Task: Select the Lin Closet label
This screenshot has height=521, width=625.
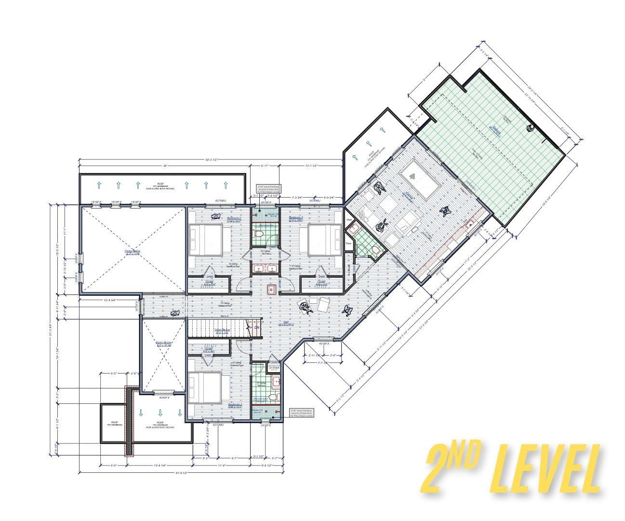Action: click(x=274, y=368)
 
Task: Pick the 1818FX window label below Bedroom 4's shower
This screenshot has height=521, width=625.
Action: click(x=266, y=426)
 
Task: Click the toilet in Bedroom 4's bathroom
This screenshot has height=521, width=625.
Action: click(x=273, y=397)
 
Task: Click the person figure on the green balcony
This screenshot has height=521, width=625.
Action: click(x=530, y=128)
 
